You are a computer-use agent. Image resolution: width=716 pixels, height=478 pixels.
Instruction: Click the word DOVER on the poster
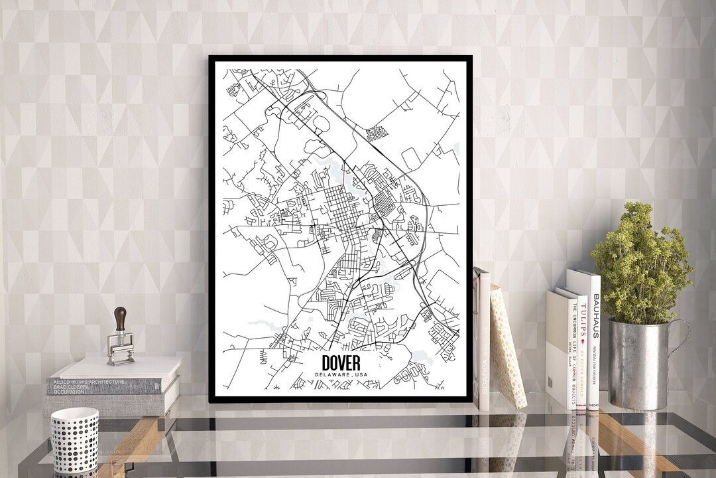tap(341, 363)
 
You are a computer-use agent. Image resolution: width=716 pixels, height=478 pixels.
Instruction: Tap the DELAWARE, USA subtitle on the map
tap(341, 376)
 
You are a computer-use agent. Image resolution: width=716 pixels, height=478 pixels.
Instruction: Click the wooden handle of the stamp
tap(120, 318)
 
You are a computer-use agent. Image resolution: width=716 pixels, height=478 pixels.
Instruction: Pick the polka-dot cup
tap(74, 439)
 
